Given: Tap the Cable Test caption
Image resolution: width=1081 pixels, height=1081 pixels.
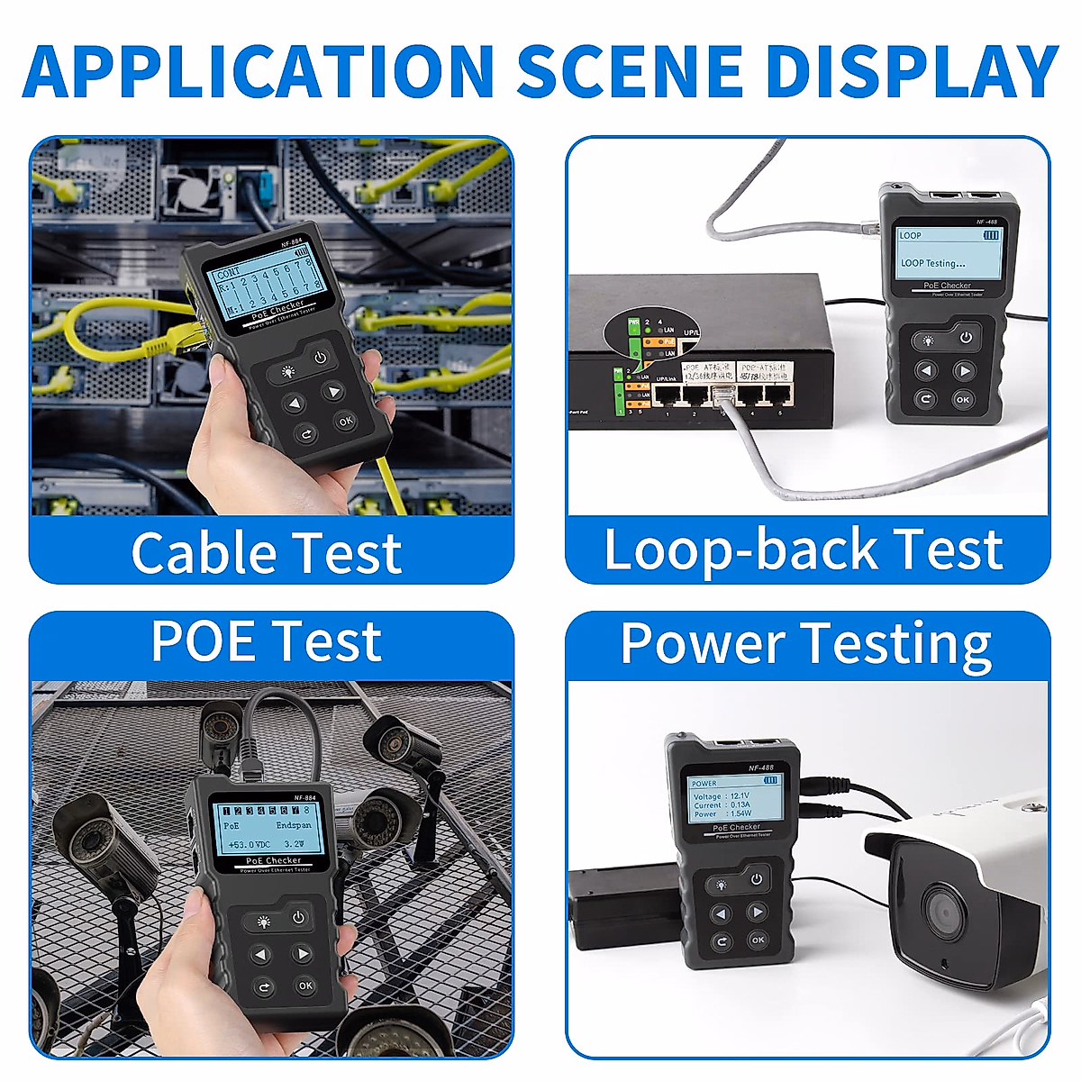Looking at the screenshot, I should point(266,552).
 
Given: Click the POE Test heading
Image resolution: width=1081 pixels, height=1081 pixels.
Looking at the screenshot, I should point(266,640).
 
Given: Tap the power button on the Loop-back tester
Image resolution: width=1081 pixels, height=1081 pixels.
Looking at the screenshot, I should point(966,338).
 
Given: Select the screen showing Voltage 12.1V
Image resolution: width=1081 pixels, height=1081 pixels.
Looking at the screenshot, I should point(735,796).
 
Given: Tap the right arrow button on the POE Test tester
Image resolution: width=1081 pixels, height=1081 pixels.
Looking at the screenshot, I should point(304,954).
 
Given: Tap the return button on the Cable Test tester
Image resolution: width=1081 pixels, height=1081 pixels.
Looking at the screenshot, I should point(305,434).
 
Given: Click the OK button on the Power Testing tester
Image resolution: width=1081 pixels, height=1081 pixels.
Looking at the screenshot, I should point(759,940).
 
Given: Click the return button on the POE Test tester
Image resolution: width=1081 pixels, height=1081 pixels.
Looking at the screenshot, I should point(263,987).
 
